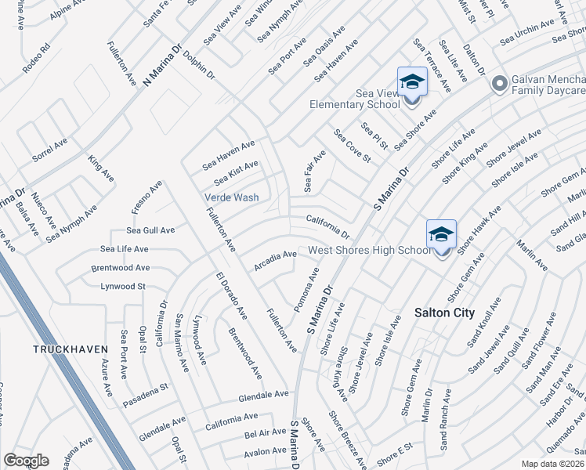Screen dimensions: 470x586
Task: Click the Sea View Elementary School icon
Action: (x=411, y=81)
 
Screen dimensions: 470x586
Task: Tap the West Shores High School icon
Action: (x=441, y=234)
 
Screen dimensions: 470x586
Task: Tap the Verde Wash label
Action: (x=232, y=197)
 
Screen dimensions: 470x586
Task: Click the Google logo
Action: (x=26, y=461)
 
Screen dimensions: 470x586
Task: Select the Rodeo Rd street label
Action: (x=36, y=57)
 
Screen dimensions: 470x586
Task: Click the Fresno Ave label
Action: (x=146, y=197)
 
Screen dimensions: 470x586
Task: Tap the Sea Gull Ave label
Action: (x=150, y=231)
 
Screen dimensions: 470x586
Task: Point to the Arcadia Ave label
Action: (x=274, y=260)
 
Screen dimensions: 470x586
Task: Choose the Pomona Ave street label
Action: (x=307, y=290)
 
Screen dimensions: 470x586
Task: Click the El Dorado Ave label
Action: (x=233, y=295)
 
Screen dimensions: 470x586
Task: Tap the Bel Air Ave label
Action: (x=266, y=432)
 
